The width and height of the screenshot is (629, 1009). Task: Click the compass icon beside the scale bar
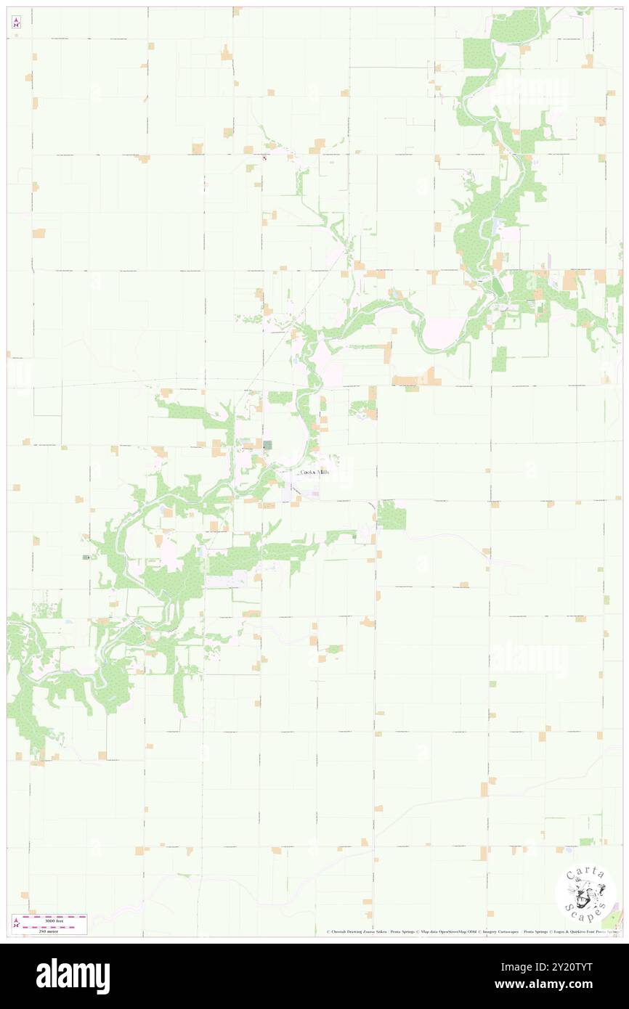pyautogui.click(x=16, y=923)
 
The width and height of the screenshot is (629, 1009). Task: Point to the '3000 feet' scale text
pyautogui.click(x=54, y=920)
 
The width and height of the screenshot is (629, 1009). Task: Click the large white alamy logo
pyautogui.click(x=73, y=976)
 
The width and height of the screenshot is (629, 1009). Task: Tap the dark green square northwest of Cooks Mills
pyautogui.click(x=267, y=444)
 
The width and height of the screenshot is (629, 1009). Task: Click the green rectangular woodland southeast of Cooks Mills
pyautogui.click(x=391, y=515)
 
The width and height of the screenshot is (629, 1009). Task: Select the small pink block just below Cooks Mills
pyautogui.click(x=316, y=494)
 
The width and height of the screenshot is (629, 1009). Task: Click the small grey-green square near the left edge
pyautogui.click(x=86, y=557)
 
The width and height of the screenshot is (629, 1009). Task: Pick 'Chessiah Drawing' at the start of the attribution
pyautogui.click(x=349, y=931)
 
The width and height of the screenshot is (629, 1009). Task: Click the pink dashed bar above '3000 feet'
pyautogui.click(x=54, y=916)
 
